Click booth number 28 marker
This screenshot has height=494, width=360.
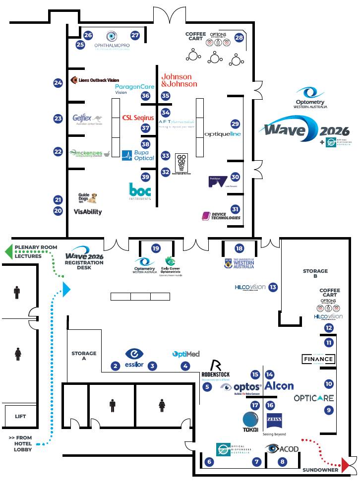click(x=240, y=38)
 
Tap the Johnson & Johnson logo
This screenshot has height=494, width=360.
click(x=179, y=80)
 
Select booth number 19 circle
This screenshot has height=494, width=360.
click(x=156, y=248)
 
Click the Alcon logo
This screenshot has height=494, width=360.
click(x=279, y=386)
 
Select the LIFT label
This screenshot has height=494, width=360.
click(x=20, y=417)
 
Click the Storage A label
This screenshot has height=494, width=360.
click(x=84, y=356)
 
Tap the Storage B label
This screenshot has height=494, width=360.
click(x=316, y=274)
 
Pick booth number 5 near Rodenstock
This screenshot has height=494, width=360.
click(x=207, y=386)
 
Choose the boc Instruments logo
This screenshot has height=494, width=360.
click(x=140, y=192)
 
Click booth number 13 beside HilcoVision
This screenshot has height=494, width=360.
click(x=272, y=287)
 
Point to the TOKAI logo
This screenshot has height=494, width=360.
click(x=251, y=421)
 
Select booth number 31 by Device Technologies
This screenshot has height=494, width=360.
click(x=235, y=209)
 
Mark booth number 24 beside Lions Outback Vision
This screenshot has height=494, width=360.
click(x=59, y=83)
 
